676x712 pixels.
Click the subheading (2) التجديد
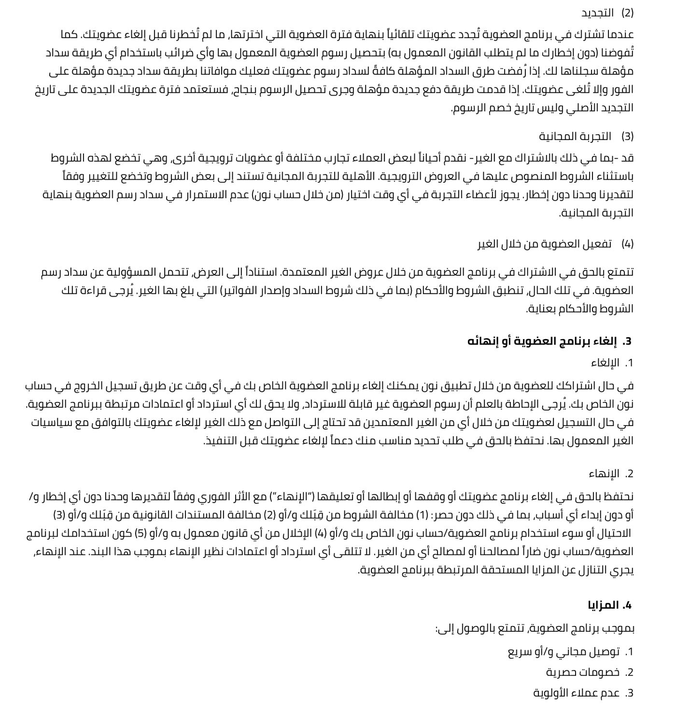point(607,13)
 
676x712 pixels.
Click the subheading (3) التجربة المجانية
point(586,136)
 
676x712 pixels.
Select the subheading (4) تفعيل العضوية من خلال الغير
point(555,244)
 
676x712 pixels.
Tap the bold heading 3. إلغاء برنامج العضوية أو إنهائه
point(549,342)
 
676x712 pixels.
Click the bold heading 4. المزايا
point(610,605)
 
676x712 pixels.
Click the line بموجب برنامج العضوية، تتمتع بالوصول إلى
point(535,628)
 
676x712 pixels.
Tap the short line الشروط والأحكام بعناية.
point(579,309)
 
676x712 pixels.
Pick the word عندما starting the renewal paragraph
point(619,35)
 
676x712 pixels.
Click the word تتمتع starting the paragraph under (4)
point(620,272)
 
